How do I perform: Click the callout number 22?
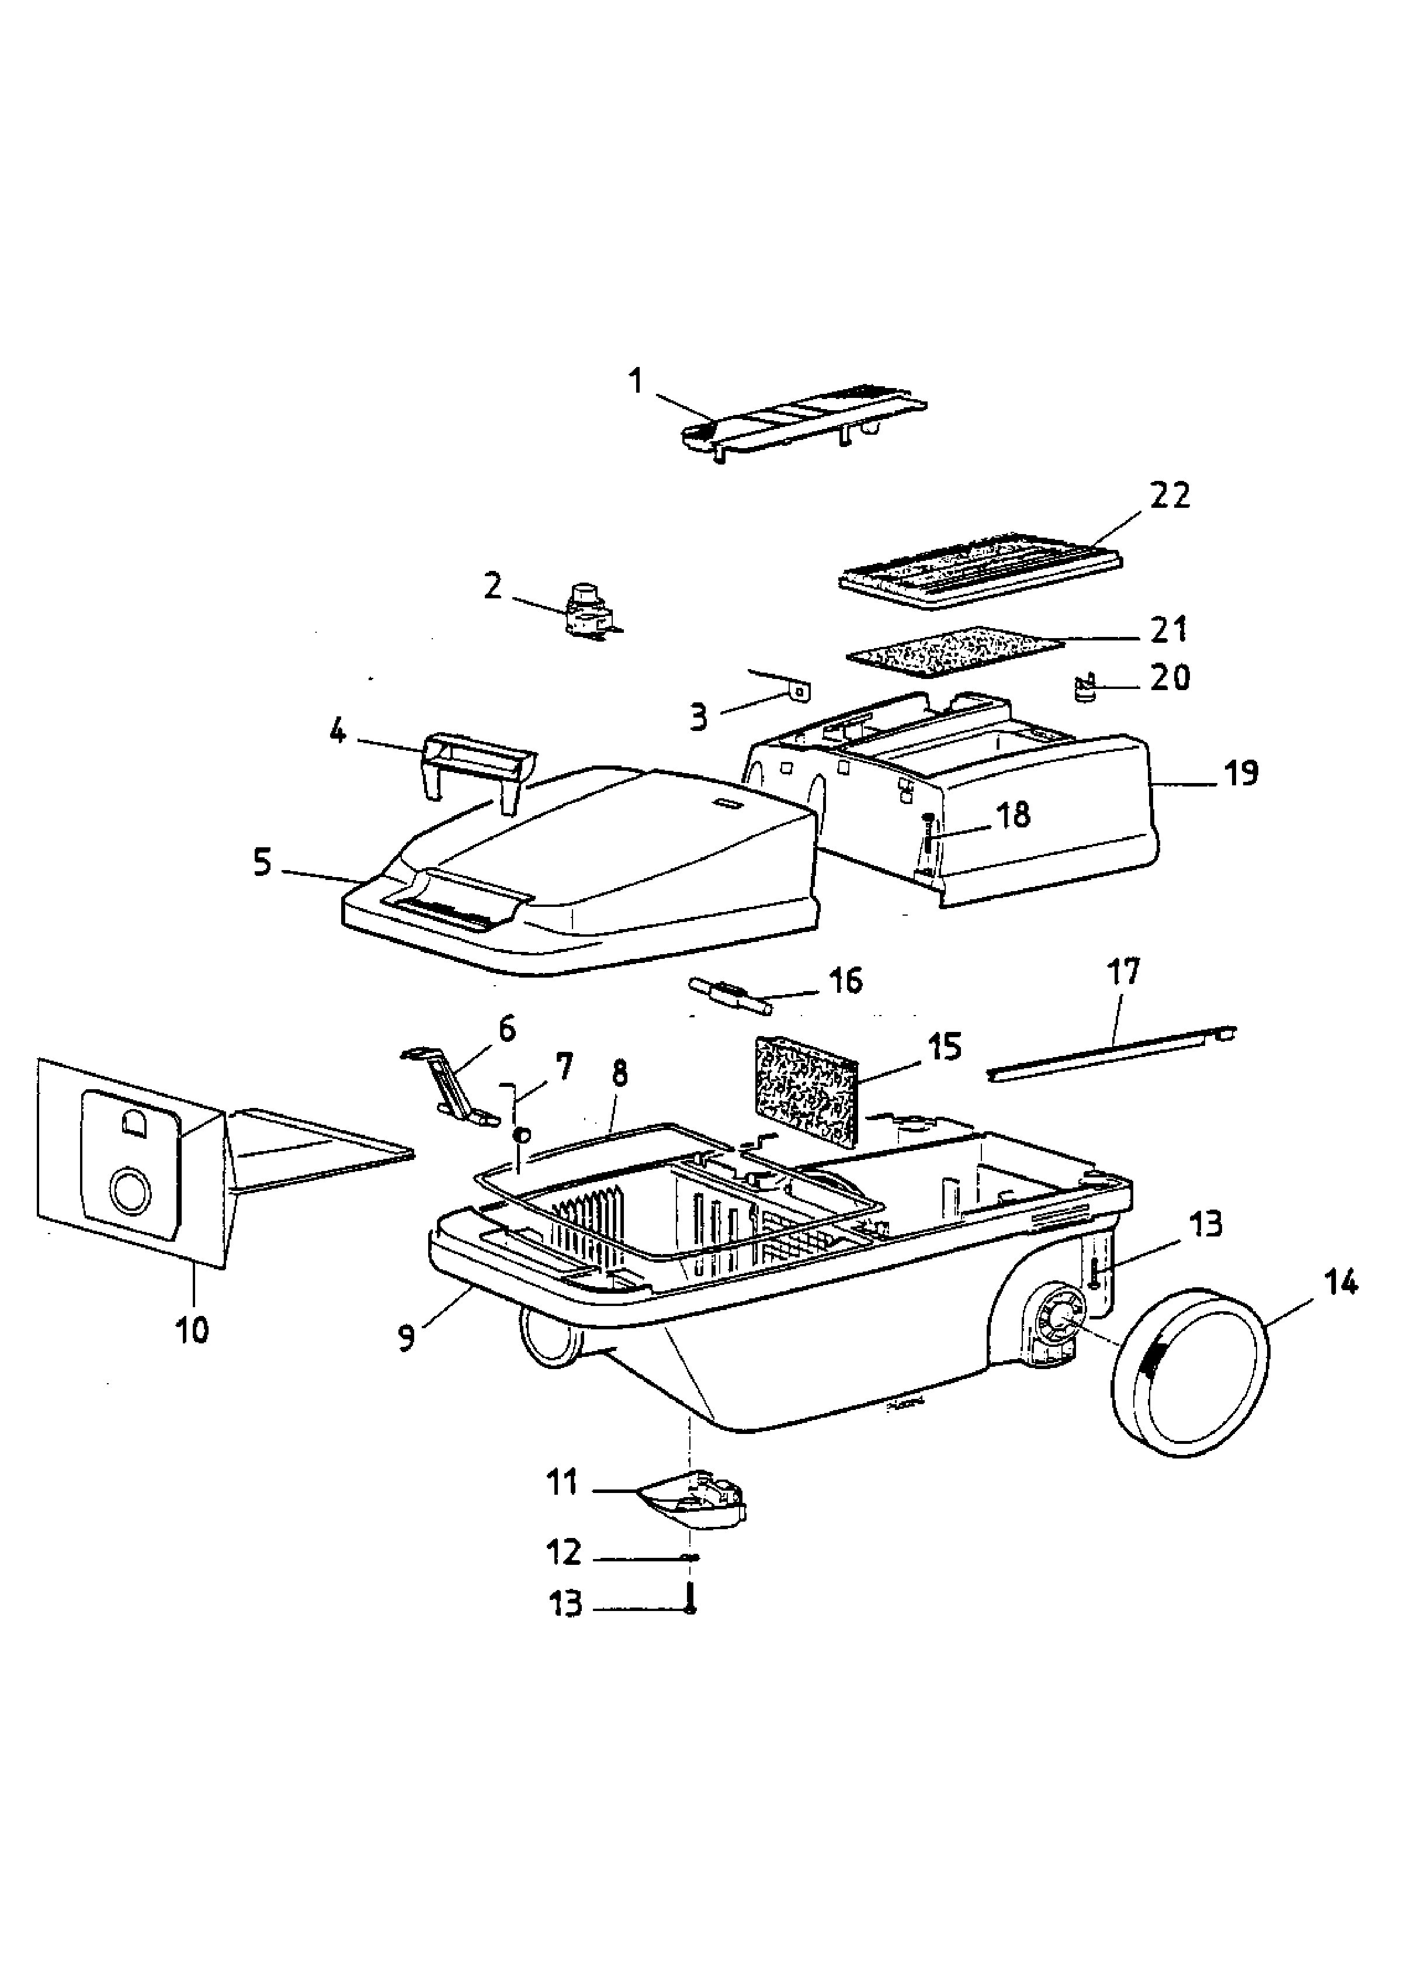pos(1170,496)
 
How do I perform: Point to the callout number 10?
pos(193,1331)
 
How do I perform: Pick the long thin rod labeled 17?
pos(1112,1052)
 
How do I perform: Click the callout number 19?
pos(1242,773)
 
